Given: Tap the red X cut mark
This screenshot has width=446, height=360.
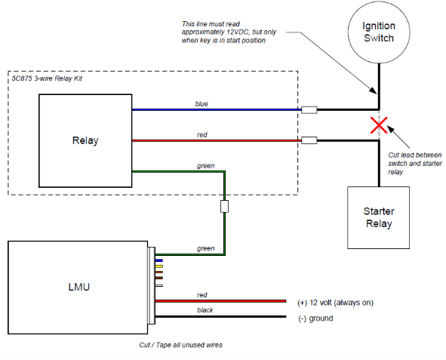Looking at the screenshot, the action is tap(379, 125).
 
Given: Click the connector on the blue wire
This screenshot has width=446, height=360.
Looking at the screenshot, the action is tap(309, 109).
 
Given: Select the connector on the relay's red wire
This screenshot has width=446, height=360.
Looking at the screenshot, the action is tap(309, 140).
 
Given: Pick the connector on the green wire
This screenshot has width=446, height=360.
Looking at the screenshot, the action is tap(224, 207).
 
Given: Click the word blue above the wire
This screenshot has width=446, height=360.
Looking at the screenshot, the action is tap(201, 104).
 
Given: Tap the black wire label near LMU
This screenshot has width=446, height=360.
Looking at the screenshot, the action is tap(205, 310).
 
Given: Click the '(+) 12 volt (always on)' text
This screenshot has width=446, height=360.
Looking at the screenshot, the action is tap(335, 303).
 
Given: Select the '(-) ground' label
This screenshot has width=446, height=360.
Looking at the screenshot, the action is tap(315, 318).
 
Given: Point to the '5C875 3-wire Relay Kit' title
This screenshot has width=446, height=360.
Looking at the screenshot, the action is tap(47, 78).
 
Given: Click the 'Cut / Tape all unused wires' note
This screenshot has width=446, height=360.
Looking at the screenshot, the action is tap(180, 345).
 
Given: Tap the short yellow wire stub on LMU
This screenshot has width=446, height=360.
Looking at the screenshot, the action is tap(159, 266).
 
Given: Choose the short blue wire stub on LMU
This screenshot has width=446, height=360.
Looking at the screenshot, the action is tap(159, 260).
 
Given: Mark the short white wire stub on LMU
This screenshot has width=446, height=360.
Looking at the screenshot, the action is tap(159, 285).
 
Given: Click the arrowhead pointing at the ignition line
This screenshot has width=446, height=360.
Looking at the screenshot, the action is tap(374, 91).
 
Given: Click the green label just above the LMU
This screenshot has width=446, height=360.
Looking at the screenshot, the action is tap(206, 248).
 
